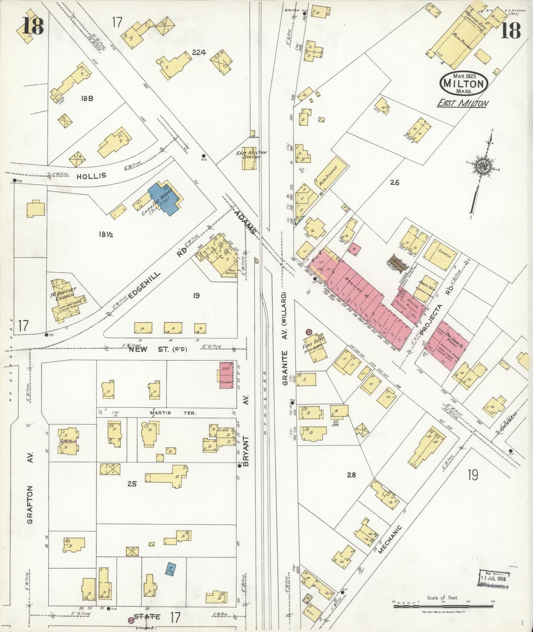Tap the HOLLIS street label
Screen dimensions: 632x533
pos(91,176)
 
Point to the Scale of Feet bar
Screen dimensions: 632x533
pos(443,605)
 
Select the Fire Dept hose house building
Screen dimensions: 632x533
pos(316,348)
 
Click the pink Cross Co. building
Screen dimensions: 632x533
pos(447,342)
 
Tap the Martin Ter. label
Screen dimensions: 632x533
pos(170,413)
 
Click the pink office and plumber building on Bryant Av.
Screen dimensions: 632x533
pos(226,375)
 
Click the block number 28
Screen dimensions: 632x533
pos(351,475)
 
